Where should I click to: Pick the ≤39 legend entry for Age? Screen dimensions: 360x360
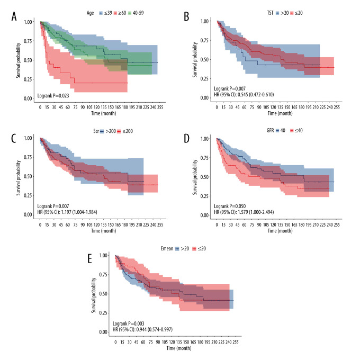[106, 12]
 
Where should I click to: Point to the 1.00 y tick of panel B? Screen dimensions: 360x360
[204, 22]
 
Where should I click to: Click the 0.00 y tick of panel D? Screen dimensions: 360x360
[204, 214]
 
